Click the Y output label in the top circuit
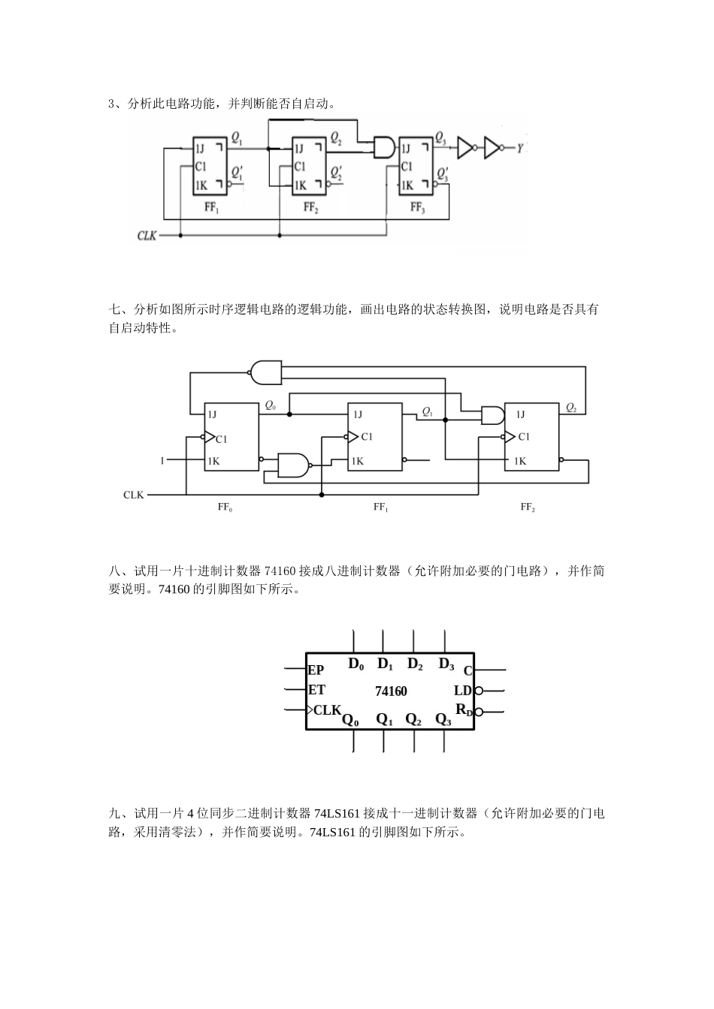tap(519, 149)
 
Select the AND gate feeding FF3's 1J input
tap(383, 147)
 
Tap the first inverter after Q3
tap(466, 148)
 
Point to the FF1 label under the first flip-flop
tap(212, 208)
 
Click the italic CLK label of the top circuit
tap(147, 236)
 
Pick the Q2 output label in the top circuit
tap(336, 139)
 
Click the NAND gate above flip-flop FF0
tap(264, 370)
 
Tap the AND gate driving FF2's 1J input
tap(492, 415)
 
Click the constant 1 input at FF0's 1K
tap(162, 460)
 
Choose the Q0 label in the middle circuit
tap(270, 405)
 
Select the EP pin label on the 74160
tap(316, 670)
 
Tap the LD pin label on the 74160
tap(463, 691)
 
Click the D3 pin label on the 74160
tap(446, 664)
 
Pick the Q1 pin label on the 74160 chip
tap(385, 719)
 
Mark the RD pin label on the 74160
tap(464, 710)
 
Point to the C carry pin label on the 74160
tap(467, 670)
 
